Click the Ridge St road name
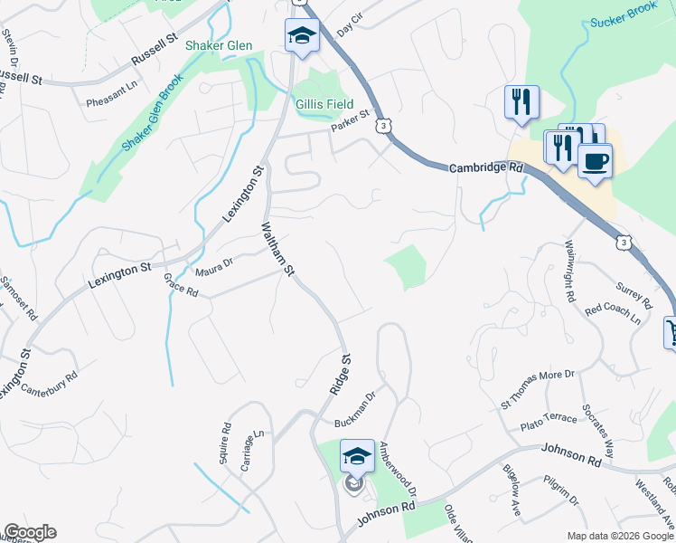(339, 372)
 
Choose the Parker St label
(351, 121)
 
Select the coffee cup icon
(594, 162)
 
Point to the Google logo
(29, 532)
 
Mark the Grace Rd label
(181, 287)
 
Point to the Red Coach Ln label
(613, 314)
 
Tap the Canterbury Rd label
(51, 383)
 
